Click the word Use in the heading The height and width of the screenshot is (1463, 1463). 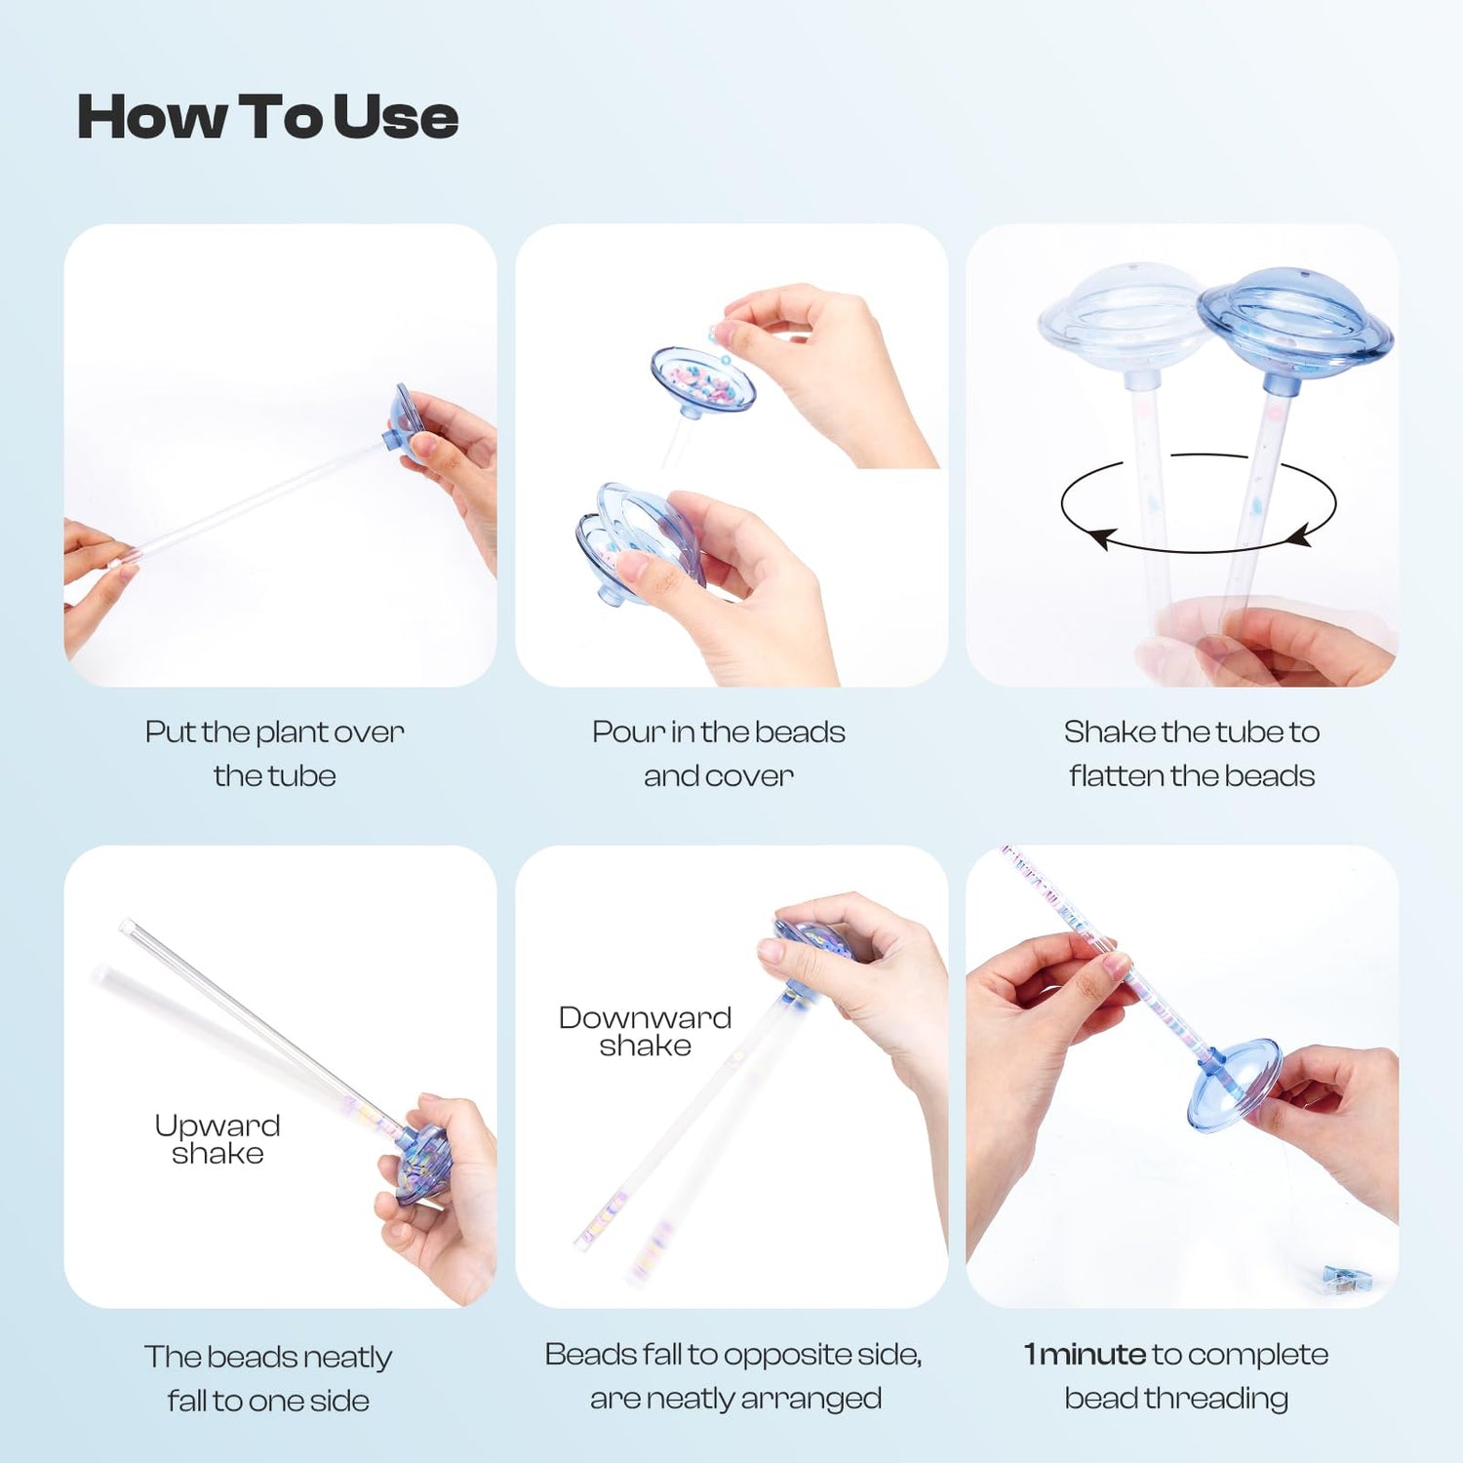395,117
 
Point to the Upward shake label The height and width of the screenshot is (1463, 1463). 217,1139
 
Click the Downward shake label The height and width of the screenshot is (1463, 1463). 645,1031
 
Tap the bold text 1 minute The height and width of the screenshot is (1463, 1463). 1085,1354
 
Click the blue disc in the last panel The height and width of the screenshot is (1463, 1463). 1234,1085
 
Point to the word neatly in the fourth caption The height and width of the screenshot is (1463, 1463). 347,1358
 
